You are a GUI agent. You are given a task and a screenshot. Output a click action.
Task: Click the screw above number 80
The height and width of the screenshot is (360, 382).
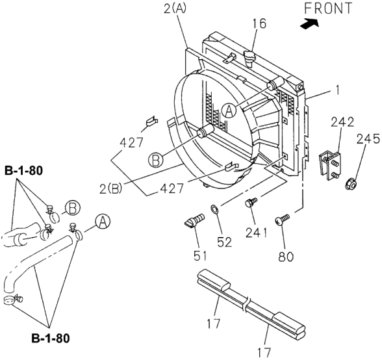pyautogui.click(x=282, y=222)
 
